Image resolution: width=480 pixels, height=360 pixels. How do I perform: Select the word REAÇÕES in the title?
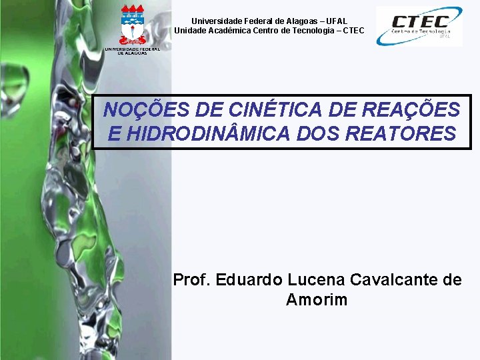point(417,109)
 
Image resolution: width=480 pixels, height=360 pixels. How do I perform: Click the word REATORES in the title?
point(402,134)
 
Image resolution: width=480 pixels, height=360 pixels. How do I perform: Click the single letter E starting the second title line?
point(114,134)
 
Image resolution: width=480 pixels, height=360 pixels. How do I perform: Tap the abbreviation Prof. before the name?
point(192,280)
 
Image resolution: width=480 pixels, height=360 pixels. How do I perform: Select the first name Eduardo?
point(251,280)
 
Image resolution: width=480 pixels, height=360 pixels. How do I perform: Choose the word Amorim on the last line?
point(317,300)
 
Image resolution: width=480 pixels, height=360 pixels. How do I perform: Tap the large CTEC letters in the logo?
point(420,21)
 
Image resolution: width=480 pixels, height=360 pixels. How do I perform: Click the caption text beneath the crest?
point(132,51)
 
